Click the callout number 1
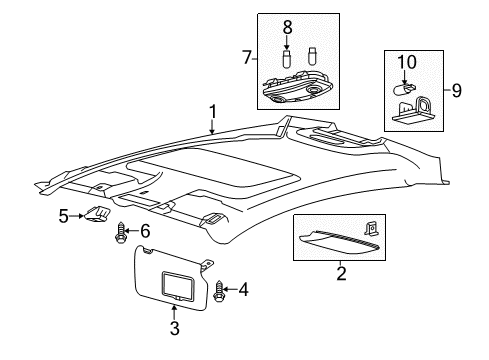[x=213, y=112]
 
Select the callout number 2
[x=341, y=273]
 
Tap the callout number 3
[x=175, y=328]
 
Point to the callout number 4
[x=244, y=289]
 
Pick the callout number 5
[x=63, y=216]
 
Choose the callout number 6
[x=145, y=231]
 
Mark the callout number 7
[x=247, y=57]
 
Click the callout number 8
[x=287, y=27]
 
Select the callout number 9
[x=457, y=90]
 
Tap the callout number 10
[x=407, y=62]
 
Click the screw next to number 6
[x=120, y=233]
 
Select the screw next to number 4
[x=219, y=292]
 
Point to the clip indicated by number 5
[x=97, y=214]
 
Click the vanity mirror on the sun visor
[x=177, y=284]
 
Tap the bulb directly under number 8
[x=287, y=59]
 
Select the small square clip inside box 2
[x=370, y=229]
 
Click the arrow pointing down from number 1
[x=212, y=127]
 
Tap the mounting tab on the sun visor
[x=207, y=264]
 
